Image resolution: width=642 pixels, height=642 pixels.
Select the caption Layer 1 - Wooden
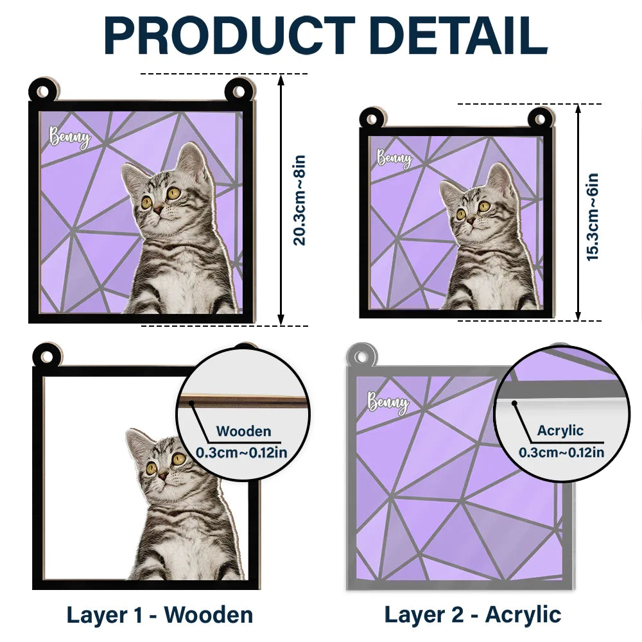point(160,614)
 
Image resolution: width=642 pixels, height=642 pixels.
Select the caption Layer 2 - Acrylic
point(473,614)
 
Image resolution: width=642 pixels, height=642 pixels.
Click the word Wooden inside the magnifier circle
point(243,431)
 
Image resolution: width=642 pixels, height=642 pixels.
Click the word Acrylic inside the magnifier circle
point(560,431)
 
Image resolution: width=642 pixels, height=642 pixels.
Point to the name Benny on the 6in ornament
point(394,159)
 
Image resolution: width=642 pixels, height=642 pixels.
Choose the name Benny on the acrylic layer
point(387,403)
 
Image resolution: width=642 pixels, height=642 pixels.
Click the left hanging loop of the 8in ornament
point(42,91)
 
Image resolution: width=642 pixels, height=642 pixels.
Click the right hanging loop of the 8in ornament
point(239,91)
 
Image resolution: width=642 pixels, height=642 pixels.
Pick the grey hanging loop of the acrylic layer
point(361,355)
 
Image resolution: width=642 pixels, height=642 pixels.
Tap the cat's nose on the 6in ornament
point(471,220)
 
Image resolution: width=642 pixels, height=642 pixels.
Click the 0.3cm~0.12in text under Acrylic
point(561,452)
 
